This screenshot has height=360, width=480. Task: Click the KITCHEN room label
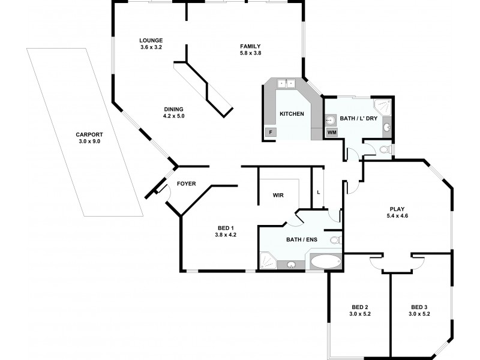click(292, 114)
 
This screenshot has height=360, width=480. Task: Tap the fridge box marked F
click(271, 132)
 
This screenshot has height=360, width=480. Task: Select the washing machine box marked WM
click(332, 132)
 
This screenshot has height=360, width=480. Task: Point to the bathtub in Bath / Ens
click(325, 262)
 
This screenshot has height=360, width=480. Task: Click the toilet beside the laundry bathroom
click(386, 149)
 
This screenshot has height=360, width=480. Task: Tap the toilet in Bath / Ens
click(335, 240)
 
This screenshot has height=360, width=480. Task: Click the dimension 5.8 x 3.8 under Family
click(250, 53)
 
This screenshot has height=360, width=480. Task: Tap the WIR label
click(278, 196)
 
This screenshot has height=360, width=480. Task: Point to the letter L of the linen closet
click(319, 192)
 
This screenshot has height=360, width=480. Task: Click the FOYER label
click(185, 184)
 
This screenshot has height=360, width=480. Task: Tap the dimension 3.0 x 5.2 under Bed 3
click(419, 314)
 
